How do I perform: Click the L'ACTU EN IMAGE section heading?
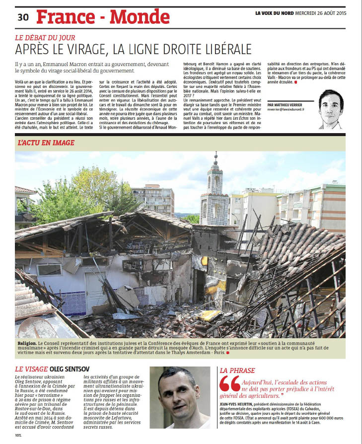(x=46, y=143)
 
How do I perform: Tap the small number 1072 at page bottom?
(x=18, y=436)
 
